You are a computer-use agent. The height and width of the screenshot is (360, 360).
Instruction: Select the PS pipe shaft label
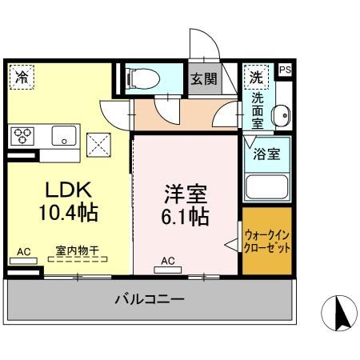pyautogui.click(x=285, y=70)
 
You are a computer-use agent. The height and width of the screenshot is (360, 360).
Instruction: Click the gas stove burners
pyautogui.click(x=22, y=134)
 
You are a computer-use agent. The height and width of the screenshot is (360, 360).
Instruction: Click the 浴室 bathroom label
pyautogui.click(x=267, y=153)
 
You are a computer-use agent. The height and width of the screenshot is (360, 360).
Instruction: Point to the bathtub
pyautogui.click(x=266, y=186)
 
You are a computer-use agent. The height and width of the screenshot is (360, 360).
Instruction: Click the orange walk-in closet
pyautogui.click(x=267, y=242)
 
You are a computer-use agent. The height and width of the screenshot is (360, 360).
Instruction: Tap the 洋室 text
pyautogui.click(x=186, y=194)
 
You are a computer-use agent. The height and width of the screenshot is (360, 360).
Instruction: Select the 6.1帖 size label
pyautogui.click(x=186, y=216)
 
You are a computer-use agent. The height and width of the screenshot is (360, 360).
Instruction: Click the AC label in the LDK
pyautogui.click(x=24, y=252)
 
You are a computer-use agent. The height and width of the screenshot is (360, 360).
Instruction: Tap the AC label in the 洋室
pyautogui.click(x=168, y=260)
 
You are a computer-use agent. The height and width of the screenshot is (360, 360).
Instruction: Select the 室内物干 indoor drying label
pyautogui.click(x=78, y=250)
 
